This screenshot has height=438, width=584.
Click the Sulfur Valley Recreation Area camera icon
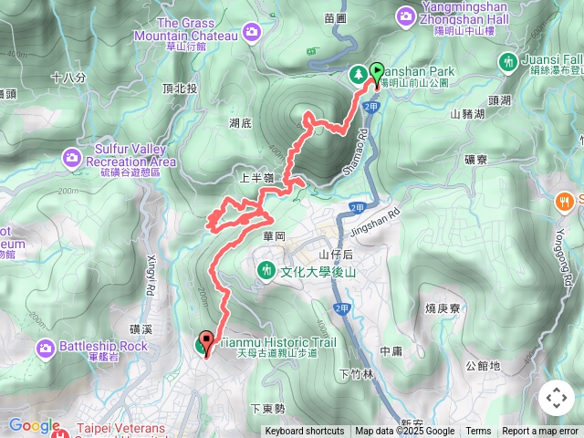click(x=71, y=160)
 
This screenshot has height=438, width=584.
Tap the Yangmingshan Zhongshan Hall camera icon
click(x=405, y=16)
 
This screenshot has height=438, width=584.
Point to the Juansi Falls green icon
click(x=508, y=62)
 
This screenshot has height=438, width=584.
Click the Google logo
click(x=34, y=426)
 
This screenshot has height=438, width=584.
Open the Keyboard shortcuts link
click(x=305, y=432)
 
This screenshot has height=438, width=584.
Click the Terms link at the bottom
click(x=478, y=432)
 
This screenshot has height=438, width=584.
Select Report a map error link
click(x=541, y=432)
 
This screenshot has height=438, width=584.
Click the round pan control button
click(x=556, y=398)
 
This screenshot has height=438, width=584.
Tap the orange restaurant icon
click(x=565, y=203)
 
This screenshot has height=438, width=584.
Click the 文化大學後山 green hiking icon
click(x=266, y=270)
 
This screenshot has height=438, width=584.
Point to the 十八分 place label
click(x=68, y=78)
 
